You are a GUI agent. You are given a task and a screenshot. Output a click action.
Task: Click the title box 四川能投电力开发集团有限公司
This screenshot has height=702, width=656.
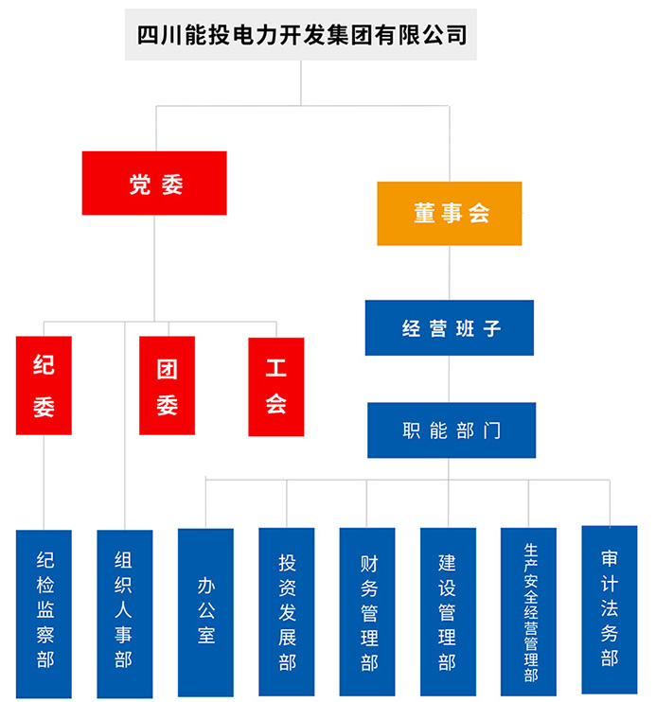click(301, 35)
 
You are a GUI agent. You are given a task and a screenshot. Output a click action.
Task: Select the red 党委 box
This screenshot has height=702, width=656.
click(154, 184)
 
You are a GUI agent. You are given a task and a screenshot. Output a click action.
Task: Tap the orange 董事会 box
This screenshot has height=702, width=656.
click(450, 214)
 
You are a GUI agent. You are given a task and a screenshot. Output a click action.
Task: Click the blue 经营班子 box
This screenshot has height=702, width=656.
click(450, 328)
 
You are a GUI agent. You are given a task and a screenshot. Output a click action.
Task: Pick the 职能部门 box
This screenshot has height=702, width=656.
click(451, 430)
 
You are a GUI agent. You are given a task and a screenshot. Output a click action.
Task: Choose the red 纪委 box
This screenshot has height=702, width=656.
click(44, 386)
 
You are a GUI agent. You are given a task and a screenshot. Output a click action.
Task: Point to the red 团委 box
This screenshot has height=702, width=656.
click(167, 386)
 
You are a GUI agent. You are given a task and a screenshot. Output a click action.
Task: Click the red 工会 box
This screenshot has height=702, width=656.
click(276, 386)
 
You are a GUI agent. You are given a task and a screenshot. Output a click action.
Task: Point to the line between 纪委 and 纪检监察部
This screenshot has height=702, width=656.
click(44, 483)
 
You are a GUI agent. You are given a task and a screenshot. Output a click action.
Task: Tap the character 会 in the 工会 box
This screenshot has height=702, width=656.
click(276, 405)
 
